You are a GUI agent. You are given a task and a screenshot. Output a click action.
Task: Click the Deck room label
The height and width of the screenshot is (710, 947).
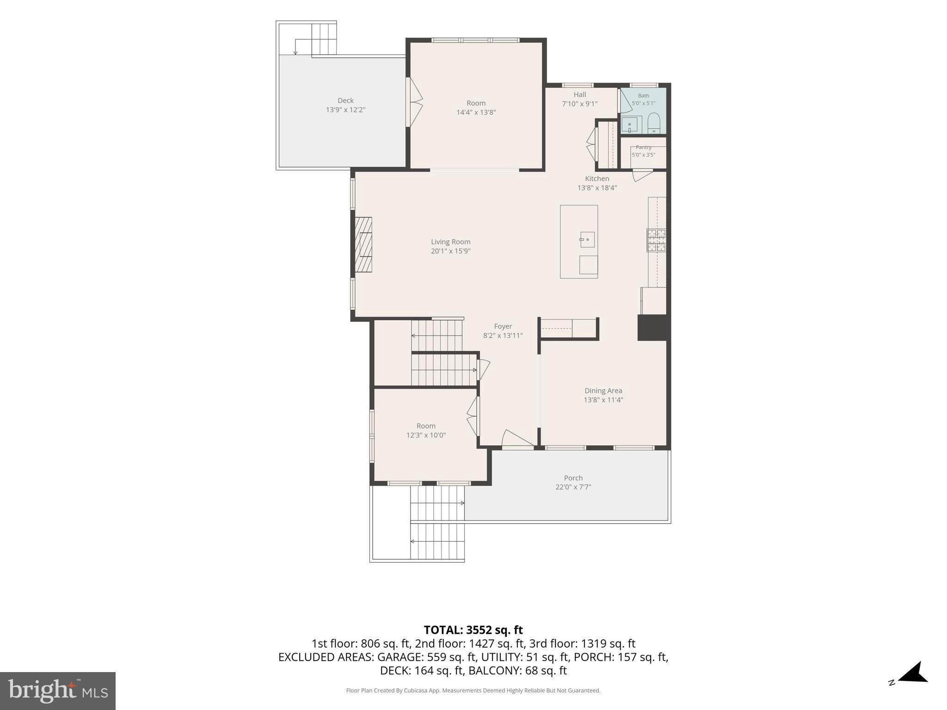345,100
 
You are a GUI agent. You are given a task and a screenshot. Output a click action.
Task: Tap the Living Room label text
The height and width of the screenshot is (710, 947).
450,242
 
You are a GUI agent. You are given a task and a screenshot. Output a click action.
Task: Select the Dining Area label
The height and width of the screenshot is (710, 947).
603,391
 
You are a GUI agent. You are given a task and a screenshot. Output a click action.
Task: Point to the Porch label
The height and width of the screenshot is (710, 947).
573,478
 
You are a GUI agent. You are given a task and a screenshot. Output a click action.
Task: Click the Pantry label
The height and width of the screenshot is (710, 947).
643,147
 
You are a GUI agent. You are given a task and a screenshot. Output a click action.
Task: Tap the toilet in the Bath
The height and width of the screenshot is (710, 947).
654,123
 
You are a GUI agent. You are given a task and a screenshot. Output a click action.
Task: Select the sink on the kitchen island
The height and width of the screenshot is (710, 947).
587,239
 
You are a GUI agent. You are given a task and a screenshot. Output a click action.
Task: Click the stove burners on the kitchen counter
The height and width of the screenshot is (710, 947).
656,240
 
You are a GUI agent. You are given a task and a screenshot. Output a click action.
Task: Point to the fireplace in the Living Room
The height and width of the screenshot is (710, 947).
363,245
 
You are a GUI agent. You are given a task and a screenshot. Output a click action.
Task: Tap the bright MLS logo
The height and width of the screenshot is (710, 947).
58,691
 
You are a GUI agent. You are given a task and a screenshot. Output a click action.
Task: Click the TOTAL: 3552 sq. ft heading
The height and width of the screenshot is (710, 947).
473,630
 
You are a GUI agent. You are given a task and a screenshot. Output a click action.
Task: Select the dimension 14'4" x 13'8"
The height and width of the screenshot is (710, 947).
476,112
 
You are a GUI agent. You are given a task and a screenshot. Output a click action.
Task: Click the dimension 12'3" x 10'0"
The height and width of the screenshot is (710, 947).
426,435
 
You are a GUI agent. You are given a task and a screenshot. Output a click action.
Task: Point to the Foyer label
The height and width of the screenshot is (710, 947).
503,326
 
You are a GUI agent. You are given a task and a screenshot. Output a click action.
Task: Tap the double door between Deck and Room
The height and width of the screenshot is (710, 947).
414,102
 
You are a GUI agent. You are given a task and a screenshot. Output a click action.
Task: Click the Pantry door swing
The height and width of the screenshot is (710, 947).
642,175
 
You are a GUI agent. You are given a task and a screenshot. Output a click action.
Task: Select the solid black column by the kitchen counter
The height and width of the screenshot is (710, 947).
652,328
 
